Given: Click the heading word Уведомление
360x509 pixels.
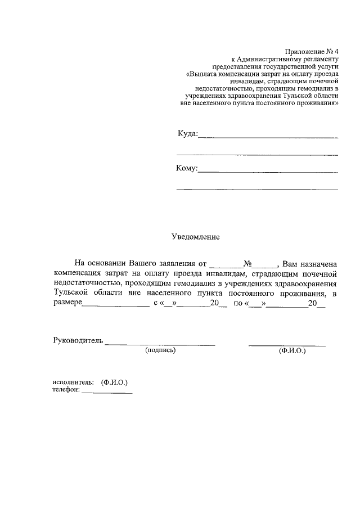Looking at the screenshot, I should [x=195, y=237].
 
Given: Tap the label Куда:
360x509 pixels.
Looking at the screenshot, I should [x=187, y=134].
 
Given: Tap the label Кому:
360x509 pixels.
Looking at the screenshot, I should [x=187, y=168].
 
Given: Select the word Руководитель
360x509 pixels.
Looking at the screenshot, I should [x=78, y=340].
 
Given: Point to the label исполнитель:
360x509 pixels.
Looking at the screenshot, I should [x=73, y=382].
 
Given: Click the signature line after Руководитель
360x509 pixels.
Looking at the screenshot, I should [x=160, y=343].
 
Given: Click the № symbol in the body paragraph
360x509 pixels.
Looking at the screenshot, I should [x=247, y=263].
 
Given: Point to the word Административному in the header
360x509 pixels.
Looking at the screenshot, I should [x=273, y=58].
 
